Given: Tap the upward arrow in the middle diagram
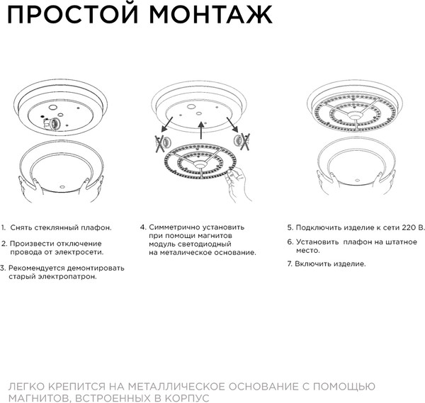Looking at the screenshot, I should click(201, 132).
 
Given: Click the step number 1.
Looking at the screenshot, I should click(4, 227).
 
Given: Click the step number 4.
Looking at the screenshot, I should click(142, 227).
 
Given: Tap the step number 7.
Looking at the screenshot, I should click(289, 263).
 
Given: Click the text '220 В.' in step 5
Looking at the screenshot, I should click(413, 227).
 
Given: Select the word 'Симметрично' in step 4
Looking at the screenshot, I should click(176, 227).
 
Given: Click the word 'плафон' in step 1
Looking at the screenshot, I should click(96, 227).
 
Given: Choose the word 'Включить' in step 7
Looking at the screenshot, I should click(312, 263).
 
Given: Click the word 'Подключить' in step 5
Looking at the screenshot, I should click(316, 227).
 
